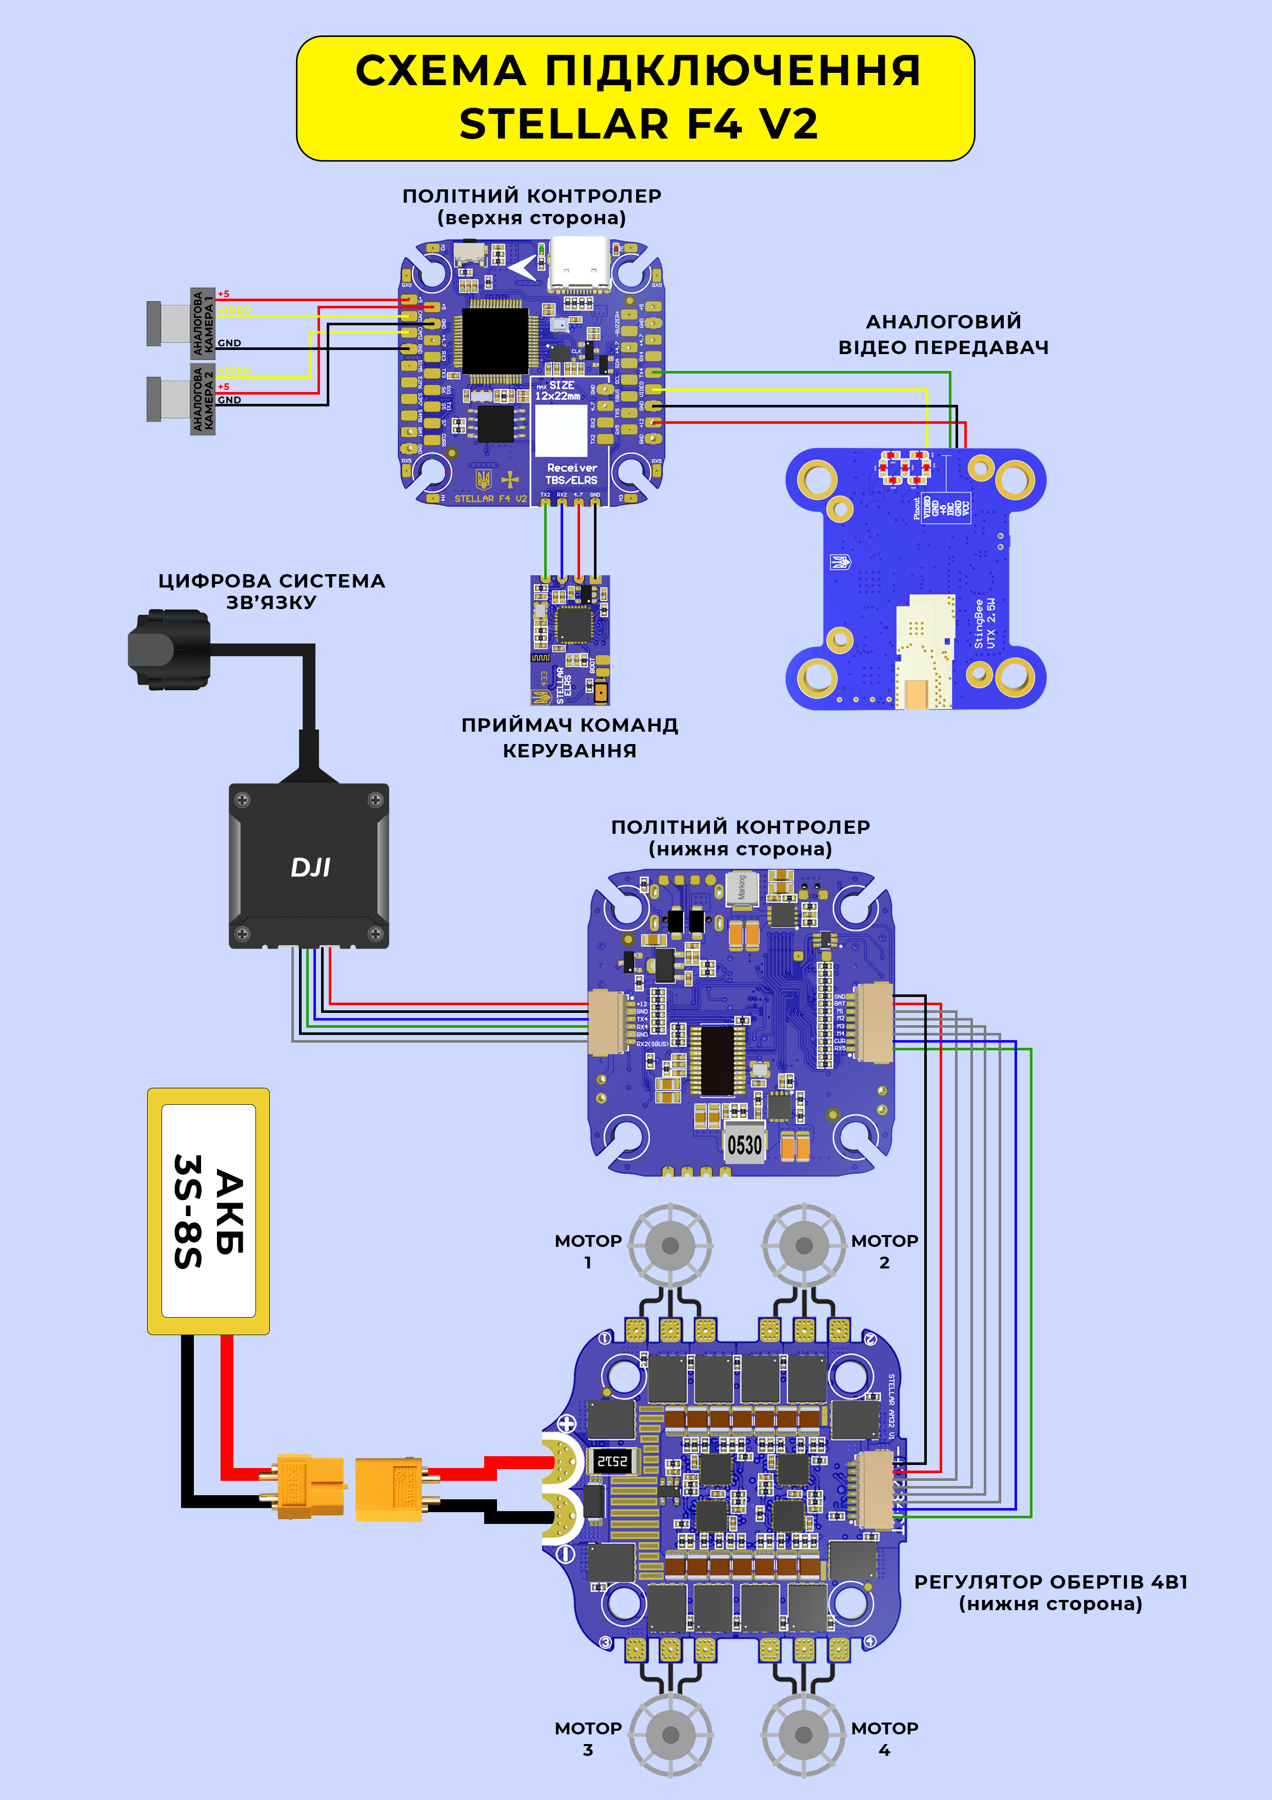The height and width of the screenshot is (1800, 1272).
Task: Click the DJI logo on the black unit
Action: tap(310, 867)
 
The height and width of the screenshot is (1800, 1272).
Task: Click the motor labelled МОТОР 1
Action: tap(670, 1245)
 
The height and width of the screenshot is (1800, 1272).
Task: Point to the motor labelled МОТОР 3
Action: tap(670, 1735)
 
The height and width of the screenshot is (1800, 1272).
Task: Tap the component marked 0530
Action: tap(744, 1145)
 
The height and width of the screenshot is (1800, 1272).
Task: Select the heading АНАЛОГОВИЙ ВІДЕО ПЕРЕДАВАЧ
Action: tap(944, 334)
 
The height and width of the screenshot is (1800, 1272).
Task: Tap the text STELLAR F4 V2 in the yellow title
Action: tap(638, 124)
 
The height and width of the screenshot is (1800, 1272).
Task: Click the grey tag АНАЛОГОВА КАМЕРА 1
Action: tap(203, 323)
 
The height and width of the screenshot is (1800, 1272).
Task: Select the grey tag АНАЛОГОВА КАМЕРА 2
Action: tap(203, 398)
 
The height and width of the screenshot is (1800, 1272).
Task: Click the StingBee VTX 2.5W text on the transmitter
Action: tap(984, 623)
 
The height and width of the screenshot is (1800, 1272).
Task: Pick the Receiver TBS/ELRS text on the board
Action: tap(571, 474)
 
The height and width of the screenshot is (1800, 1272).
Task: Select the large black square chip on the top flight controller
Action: tap(495, 341)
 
